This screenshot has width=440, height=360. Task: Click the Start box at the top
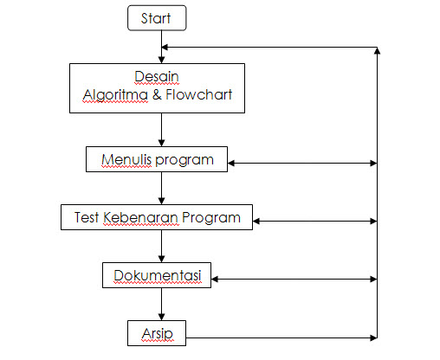157,18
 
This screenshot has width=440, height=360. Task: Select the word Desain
157,75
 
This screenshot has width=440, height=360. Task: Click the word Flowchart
200,95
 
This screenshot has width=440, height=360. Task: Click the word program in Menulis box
188,160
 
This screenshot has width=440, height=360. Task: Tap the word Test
82,217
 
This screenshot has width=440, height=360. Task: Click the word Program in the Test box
212,217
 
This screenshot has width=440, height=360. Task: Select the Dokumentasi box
157,275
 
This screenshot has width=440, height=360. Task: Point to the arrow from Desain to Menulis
161,130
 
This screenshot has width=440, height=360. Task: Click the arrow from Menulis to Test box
161,188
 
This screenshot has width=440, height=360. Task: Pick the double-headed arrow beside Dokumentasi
294,279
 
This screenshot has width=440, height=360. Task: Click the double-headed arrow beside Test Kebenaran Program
314,221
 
